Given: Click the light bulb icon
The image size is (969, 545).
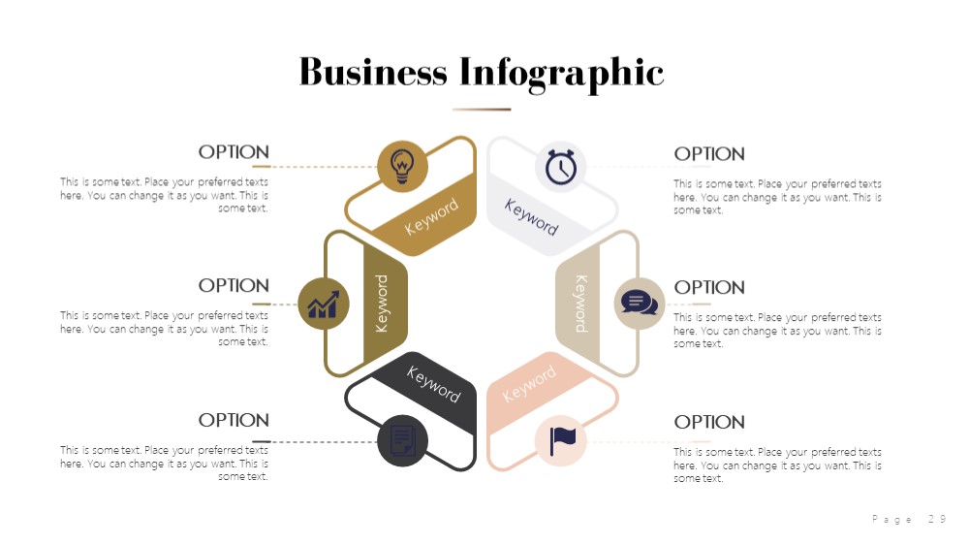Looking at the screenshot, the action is click(402, 166).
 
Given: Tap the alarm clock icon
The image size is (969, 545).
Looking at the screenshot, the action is click(560, 166).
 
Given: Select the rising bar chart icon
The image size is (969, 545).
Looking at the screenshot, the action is click(324, 305).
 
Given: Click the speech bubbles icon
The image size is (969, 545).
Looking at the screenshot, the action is click(639, 304).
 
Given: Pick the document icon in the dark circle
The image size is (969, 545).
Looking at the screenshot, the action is click(402, 440).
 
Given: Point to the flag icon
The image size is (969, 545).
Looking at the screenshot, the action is click(562, 440).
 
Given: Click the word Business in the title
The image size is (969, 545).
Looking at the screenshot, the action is click(373, 72).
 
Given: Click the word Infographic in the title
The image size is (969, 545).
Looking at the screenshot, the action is click(561, 75).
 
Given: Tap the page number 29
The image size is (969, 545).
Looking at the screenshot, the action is click(937, 519).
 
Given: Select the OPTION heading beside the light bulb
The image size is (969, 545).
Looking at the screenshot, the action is click(234, 152).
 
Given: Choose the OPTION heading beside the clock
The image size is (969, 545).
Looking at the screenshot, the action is click(709, 154).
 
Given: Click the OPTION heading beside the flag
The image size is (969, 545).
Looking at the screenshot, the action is click(709, 422).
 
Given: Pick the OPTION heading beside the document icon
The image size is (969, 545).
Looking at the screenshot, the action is click(234, 420).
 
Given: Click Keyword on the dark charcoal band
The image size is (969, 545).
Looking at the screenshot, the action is click(434, 384).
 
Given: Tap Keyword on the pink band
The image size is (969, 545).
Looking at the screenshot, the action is click(529, 384).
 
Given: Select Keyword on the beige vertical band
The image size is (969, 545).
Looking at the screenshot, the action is click(581, 304).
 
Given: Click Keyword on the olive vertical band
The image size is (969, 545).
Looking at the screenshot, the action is click(382, 304).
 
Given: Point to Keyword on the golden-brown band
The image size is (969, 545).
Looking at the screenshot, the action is click(431, 216).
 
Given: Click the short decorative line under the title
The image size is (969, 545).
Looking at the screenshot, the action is click(482, 110).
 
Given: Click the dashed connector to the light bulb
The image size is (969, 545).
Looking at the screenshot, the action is click(324, 167).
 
